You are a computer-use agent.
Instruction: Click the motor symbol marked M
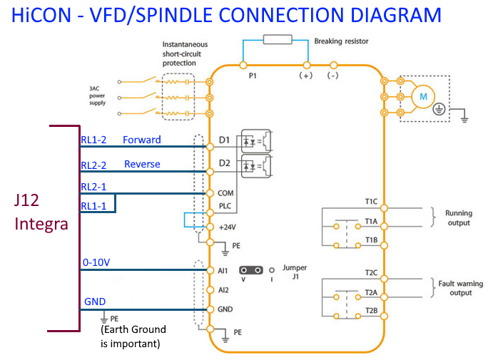tap(422, 96)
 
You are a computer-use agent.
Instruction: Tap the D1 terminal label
tap(225, 140)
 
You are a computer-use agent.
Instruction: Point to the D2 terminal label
tap(225, 164)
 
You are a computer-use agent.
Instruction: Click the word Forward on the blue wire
tap(142, 140)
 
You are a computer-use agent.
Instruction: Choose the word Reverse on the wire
tap(142, 164)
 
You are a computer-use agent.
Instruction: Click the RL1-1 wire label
tap(93, 205)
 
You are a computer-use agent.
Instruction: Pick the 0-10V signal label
tap(96, 262)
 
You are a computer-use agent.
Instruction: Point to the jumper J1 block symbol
tap(250, 270)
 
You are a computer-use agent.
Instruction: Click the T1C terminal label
tap(371, 202)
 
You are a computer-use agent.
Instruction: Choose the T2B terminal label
tap(371, 310)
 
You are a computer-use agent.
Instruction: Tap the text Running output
tap(459, 218)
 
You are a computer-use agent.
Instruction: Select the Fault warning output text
tap(461, 288)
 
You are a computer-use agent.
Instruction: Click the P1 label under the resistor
tap(252, 74)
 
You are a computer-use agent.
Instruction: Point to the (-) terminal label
tap(332, 74)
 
